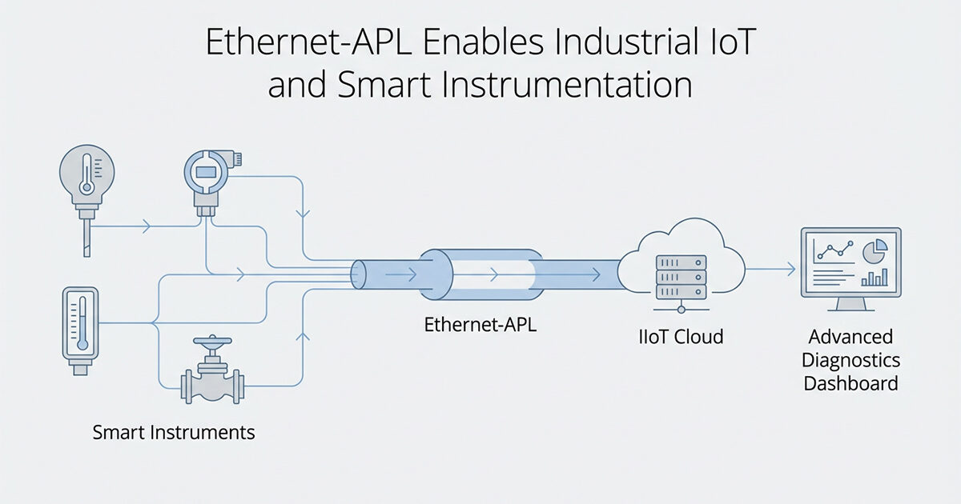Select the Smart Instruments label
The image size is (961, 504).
(x=174, y=433)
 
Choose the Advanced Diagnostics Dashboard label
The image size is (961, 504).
(x=850, y=360)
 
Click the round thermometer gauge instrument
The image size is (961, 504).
(x=87, y=171)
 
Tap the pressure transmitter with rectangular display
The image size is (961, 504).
(x=207, y=171)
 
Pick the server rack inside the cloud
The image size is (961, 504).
(x=681, y=276)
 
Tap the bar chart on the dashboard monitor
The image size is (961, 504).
(x=874, y=277)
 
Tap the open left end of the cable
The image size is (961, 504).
(x=358, y=274)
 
